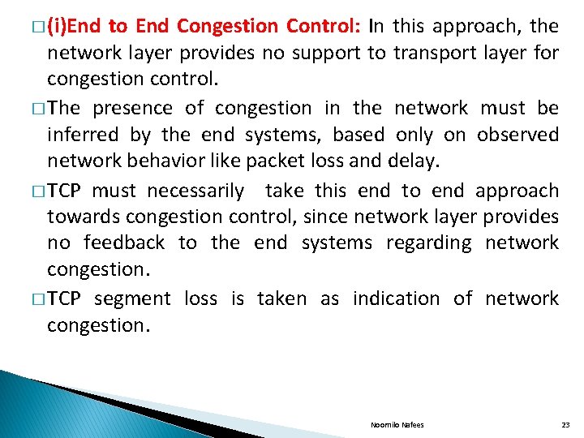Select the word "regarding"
coord(429,243)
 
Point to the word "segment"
coord(132,299)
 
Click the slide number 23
coord(565,424)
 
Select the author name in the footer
coord(397,424)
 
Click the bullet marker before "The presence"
coord(39,109)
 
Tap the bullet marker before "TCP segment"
coord(39,299)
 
